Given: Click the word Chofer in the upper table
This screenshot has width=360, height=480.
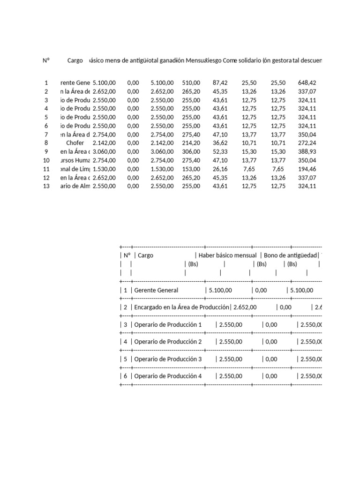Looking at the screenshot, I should [75, 143].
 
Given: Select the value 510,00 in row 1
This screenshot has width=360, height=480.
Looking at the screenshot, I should [191, 82].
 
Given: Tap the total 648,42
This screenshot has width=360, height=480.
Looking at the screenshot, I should [307, 82].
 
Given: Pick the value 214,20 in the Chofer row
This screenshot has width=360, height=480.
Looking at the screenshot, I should [191, 143].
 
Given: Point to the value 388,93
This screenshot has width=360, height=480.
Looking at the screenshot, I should [307, 152].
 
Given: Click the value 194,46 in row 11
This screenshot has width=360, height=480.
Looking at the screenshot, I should [307, 169].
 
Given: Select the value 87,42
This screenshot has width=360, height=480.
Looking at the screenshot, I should [220, 82].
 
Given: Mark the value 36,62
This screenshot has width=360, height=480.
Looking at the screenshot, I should [220, 143].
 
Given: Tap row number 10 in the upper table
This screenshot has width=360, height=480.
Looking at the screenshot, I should [46, 160].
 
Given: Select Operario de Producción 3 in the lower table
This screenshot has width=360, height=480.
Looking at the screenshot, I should [168, 359].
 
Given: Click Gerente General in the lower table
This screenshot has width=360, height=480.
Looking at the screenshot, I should [156, 290].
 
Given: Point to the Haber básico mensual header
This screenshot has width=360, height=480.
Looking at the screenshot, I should [227, 255].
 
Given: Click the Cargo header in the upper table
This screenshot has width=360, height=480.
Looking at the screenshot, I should [75, 61].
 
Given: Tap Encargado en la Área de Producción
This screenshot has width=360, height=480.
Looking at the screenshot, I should [182, 307].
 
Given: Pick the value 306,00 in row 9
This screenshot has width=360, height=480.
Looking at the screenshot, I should [191, 152].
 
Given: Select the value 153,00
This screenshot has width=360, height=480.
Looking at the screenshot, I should [191, 169].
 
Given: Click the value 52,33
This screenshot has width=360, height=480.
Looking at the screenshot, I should [220, 152].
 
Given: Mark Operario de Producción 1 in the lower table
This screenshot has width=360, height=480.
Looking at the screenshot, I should [168, 324].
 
